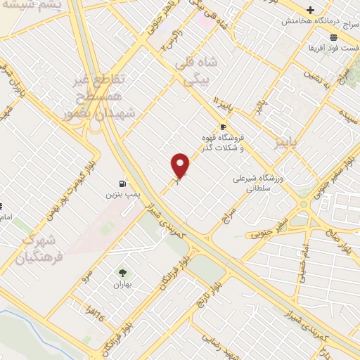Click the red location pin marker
181,165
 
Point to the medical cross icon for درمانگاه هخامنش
311,9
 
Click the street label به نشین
312,76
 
